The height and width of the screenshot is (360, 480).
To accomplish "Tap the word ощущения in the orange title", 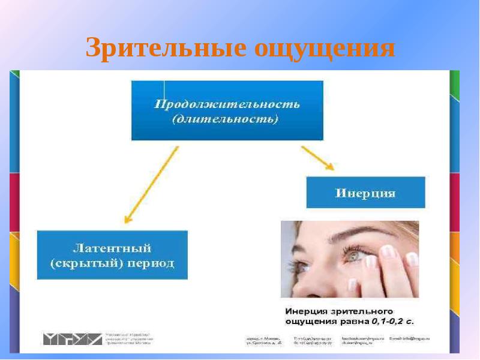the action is click(324, 49).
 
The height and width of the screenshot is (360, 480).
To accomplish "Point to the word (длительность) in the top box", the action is click(226, 120).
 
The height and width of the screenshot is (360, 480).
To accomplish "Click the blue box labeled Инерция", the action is click(365, 193).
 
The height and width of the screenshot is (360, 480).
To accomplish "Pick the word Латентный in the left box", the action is click(112, 248).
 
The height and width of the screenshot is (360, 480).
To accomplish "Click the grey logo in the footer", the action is click(72, 338).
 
